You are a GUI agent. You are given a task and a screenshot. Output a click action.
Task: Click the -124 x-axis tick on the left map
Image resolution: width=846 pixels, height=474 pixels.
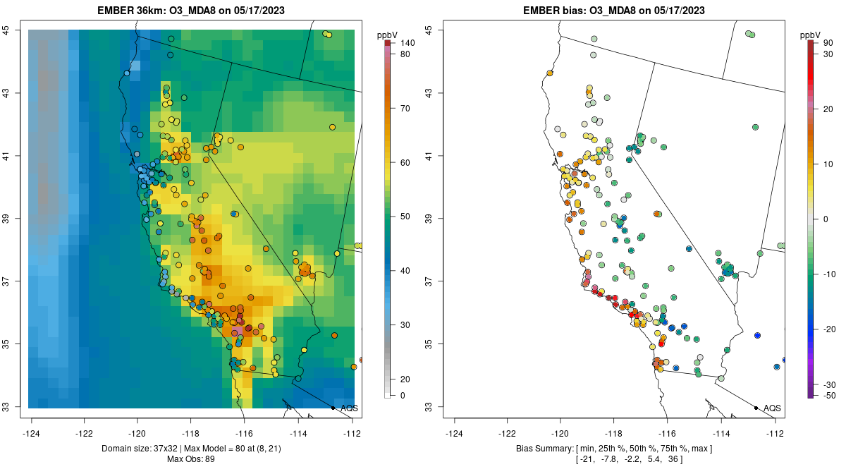[x=32, y=432]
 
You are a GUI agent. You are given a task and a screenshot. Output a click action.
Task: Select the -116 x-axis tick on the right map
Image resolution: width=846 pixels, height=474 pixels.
[x=666, y=432]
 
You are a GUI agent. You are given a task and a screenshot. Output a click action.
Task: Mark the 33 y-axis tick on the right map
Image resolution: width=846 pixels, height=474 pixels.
[x=429, y=407]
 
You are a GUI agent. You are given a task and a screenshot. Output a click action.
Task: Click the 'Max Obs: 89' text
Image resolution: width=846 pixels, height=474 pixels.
[x=191, y=459]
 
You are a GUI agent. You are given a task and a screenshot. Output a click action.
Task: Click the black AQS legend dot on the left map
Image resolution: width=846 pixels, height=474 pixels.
[x=333, y=408]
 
